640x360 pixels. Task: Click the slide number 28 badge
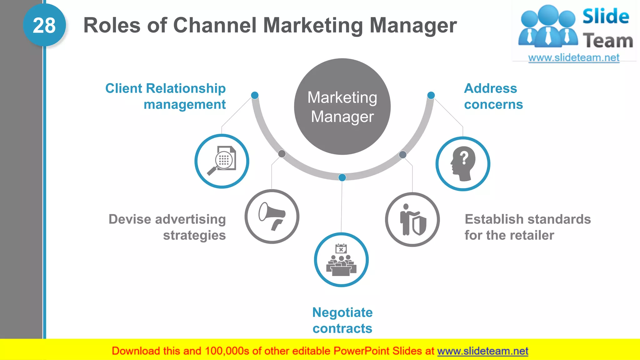(x=44, y=25)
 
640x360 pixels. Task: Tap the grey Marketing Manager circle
(x=342, y=107)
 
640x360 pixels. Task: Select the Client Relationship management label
(x=165, y=96)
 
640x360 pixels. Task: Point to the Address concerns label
(x=493, y=96)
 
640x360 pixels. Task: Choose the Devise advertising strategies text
(x=167, y=227)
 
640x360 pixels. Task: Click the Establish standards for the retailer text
(x=527, y=227)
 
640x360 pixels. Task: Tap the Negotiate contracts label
(x=342, y=320)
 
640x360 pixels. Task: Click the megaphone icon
(x=272, y=216)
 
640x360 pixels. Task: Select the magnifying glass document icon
(x=222, y=161)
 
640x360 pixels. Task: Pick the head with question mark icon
(x=463, y=164)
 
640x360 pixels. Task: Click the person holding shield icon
(x=412, y=219)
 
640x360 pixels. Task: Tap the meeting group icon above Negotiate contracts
(x=341, y=260)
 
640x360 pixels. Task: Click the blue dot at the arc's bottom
(x=342, y=177)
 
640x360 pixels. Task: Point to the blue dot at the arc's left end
(x=255, y=95)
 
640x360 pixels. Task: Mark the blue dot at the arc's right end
(x=431, y=95)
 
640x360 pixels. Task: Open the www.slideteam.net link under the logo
(x=573, y=58)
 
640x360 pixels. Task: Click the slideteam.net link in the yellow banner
(x=482, y=351)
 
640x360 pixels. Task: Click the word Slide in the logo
(x=606, y=16)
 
